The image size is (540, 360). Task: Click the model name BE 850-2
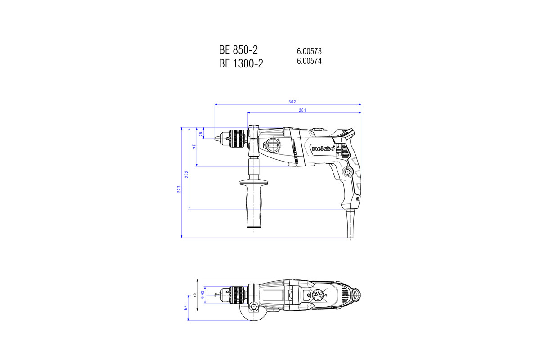238,49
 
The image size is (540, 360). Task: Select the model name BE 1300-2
241,64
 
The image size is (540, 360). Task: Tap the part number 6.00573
309,51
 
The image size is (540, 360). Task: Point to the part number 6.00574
309,61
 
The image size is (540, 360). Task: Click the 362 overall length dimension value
292,102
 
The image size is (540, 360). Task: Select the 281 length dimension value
303,110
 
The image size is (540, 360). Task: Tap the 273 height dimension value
179,189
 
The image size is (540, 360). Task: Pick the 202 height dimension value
187,174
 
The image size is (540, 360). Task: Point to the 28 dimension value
201,133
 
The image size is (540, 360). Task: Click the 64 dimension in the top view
185,307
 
